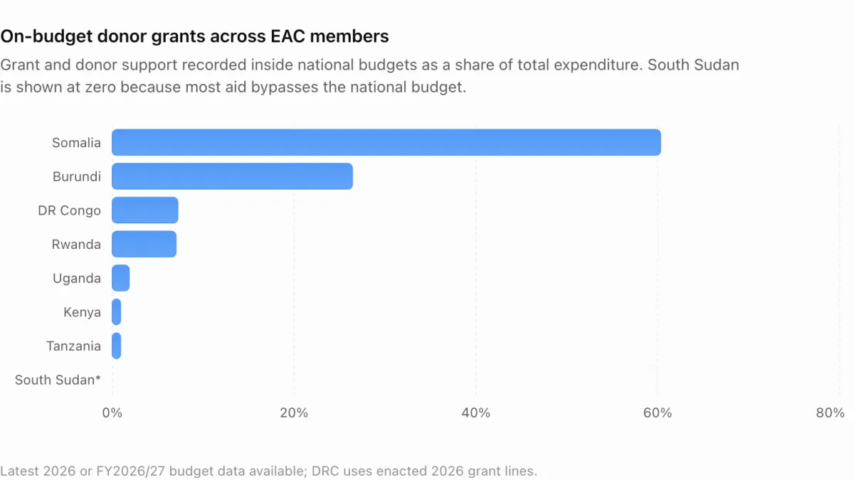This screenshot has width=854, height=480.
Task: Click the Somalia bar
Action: (386, 142)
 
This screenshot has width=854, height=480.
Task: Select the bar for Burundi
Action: (232, 176)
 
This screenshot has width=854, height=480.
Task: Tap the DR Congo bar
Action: (145, 210)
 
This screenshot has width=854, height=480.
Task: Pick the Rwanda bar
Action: (144, 244)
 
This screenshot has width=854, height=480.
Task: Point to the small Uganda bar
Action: (120, 278)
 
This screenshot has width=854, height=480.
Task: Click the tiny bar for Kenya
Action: (116, 311)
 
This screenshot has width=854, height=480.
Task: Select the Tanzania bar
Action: (116, 346)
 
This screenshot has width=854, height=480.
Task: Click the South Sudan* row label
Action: (58, 380)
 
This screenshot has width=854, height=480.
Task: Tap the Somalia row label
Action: (76, 142)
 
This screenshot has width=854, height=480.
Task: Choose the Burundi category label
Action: (77, 176)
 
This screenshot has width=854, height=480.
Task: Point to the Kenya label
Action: (82, 312)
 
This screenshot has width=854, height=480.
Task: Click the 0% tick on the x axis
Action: (112, 412)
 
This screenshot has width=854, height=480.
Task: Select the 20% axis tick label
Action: (294, 412)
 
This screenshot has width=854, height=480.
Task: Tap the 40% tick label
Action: (476, 412)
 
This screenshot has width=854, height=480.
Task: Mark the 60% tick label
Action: (658, 412)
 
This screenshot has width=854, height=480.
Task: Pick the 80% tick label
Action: (830, 412)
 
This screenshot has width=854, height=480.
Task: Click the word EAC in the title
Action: (288, 36)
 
